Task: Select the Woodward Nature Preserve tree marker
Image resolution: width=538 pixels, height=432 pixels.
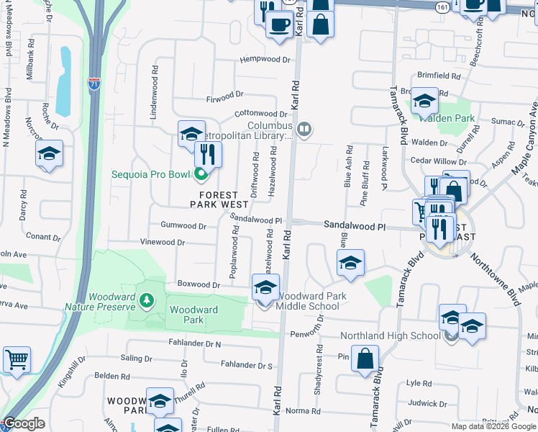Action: [x=147, y=299]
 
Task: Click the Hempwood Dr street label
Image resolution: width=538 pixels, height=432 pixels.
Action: [x=265, y=60]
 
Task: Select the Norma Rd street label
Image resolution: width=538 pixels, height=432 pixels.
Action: [x=303, y=411]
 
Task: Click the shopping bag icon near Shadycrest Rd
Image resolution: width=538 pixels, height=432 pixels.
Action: [x=365, y=357]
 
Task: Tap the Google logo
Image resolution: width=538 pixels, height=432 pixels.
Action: [x=24, y=424]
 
